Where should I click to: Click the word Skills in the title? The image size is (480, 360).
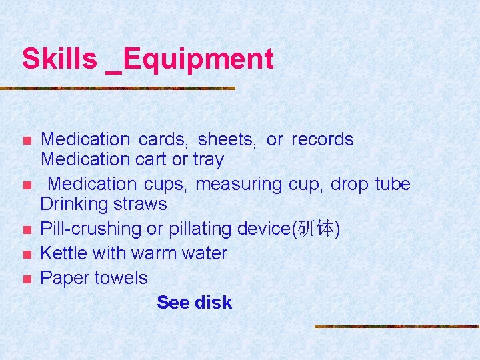point(59,59)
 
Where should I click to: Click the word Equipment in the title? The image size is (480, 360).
point(198,59)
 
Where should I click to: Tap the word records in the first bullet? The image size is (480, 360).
point(323,139)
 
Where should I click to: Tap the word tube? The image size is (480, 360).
point(393,184)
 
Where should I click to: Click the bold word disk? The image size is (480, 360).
point(213,303)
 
